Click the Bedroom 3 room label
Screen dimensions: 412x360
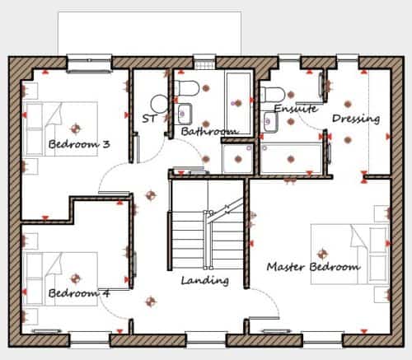coord(79,144)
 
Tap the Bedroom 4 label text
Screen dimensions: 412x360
coord(79,293)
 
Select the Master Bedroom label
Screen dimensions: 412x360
coord(313,267)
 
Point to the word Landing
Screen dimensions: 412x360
coord(205,281)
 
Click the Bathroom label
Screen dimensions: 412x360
coord(209,132)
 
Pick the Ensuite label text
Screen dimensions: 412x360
coord(296,109)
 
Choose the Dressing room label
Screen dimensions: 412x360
coord(356,119)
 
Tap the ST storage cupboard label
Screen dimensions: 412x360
coord(149,119)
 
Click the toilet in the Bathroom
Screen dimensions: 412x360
coord(187,88)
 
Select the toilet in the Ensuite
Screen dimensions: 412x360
coord(273,95)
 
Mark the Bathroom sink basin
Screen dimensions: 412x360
coord(185,114)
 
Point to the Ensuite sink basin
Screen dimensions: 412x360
coord(270,122)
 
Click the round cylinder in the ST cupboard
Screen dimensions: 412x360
coord(159,104)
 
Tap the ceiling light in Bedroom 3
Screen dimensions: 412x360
coord(76,129)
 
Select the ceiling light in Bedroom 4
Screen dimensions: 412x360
coord(76,278)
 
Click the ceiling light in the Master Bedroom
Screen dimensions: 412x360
coord(322,254)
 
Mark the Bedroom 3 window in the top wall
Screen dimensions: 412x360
coord(90,63)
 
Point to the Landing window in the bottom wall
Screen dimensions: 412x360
coord(206,339)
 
